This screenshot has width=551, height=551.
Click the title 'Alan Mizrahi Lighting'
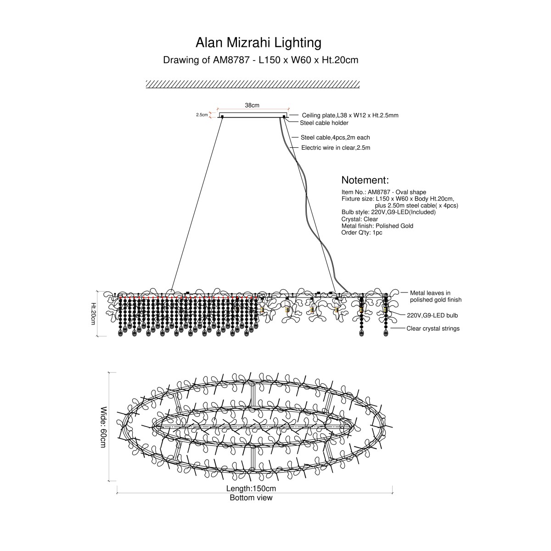click(258, 43)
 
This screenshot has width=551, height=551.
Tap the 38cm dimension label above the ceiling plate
click(252, 105)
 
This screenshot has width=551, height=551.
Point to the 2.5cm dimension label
click(202, 115)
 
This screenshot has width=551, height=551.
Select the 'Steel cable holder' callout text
click(324, 123)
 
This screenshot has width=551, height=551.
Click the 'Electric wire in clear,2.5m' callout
click(336, 147)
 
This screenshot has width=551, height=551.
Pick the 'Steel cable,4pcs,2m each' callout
click(335, 138)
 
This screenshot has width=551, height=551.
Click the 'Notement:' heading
click(365, 180)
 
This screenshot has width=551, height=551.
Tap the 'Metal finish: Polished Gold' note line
click(377, 226)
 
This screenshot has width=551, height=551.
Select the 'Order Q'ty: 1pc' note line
click(362, 232)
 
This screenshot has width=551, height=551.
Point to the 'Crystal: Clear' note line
click(360, 219)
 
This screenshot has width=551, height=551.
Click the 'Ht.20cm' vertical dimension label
click(93, 314)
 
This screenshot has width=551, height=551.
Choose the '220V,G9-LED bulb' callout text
click(433, 315)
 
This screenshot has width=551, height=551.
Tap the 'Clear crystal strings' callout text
click(433, 329)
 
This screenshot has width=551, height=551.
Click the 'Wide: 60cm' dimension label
click(103, 427)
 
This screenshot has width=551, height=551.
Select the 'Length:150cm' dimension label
click(251, 489)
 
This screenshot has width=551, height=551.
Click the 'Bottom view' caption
click(251, 498)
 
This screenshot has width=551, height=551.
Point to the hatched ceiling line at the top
click(253, 84)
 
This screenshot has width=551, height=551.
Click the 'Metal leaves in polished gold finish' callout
click(435, 296)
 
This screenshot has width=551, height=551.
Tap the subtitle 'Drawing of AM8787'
click(207, 60)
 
